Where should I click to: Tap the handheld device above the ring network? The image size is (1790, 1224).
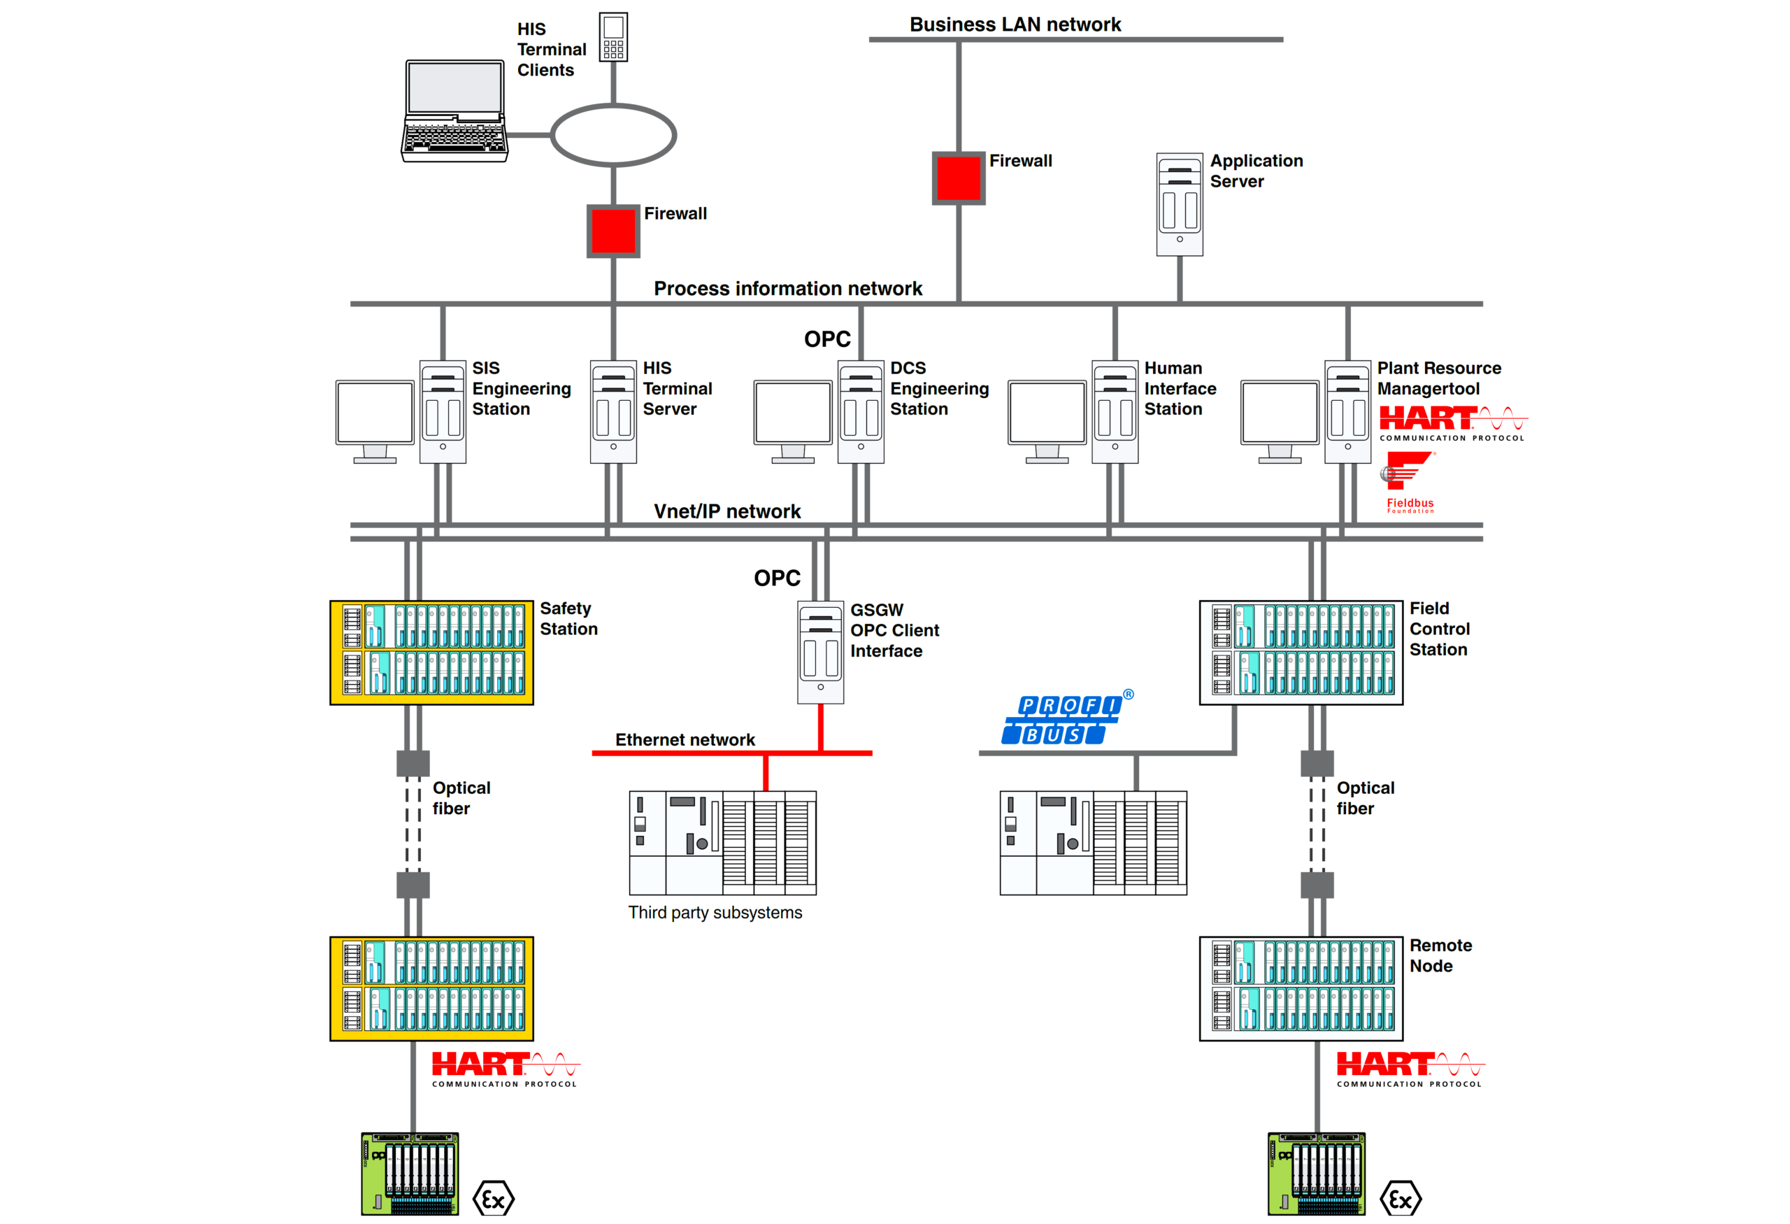[613, 37]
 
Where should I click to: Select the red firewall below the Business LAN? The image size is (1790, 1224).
[958, 178]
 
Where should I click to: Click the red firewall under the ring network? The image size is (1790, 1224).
[613, 231]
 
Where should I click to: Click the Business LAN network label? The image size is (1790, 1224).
[1015, 24]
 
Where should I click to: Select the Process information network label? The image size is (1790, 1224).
[787, 289]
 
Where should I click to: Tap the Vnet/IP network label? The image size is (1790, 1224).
[726, 511]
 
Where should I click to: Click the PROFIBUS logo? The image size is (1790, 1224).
[1065, 719]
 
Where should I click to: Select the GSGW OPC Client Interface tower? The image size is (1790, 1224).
[820, 653]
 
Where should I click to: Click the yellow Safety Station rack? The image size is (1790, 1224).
[431, 653]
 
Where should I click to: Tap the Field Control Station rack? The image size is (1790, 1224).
[1301, 653]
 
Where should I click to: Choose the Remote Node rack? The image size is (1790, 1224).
[1301, 988]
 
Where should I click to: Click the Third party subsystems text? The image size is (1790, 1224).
[715, 913]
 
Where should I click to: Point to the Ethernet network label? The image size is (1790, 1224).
[685, 739]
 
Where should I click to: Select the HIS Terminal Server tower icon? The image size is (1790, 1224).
[613, 411]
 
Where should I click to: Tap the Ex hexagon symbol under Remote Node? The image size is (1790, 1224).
[1400, 1199]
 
